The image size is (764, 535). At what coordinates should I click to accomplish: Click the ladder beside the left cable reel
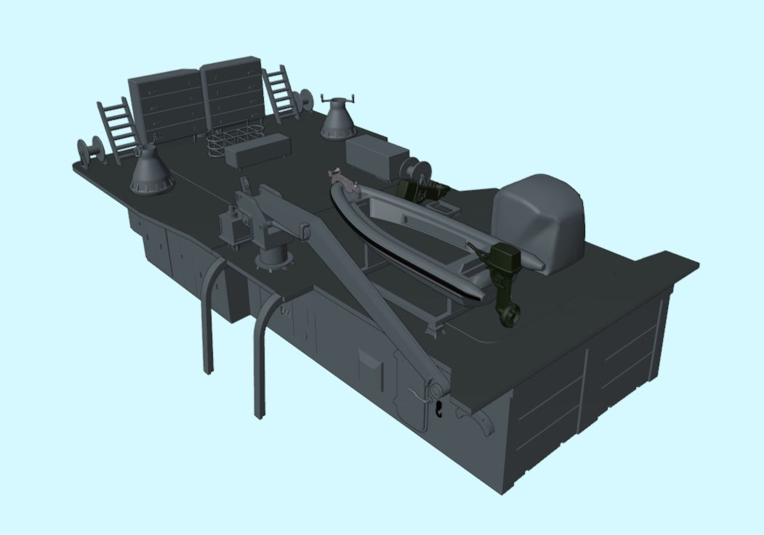(x=118, y=128)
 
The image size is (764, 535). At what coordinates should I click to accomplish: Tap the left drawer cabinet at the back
(x=166, y=105)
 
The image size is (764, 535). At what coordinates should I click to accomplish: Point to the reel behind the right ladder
(x=306, y=100)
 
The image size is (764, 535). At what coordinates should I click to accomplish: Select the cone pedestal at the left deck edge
(x=151, y=170)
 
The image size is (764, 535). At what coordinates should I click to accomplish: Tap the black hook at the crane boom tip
(x=440, y=409)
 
